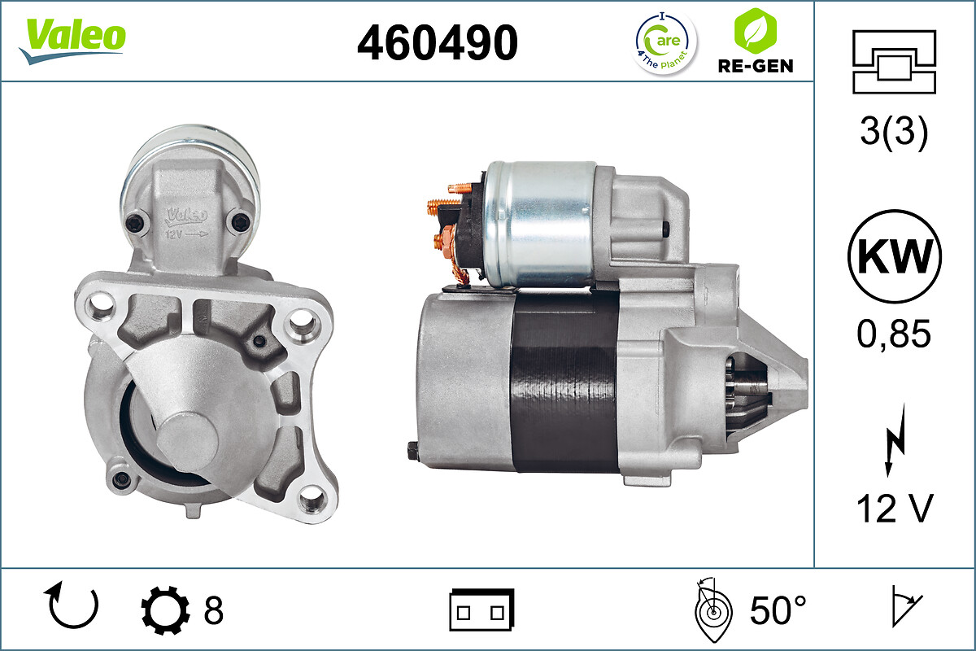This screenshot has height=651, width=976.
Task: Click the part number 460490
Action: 438,42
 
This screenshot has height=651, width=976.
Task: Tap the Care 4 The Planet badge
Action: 665,43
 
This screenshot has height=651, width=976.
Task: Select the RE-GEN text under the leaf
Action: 756,66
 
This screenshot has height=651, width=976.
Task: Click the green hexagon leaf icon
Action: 755,31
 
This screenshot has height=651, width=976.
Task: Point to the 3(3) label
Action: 894,131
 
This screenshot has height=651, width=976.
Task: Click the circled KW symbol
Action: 895,257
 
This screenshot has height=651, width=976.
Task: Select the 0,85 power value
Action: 894,334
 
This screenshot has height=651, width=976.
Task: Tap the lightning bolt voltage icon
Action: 895,440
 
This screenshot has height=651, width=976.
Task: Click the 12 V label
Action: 895,509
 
